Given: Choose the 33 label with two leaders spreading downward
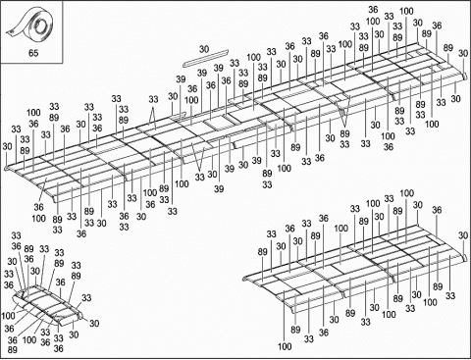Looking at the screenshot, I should (x=153, y=99).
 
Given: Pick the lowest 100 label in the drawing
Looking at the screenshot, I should (x=285, y=346).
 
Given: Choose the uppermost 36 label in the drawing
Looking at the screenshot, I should (x=373, y=9).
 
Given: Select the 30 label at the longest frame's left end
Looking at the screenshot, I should (x=7, y=146).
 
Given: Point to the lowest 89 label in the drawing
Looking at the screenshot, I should (x=11, y=348).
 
